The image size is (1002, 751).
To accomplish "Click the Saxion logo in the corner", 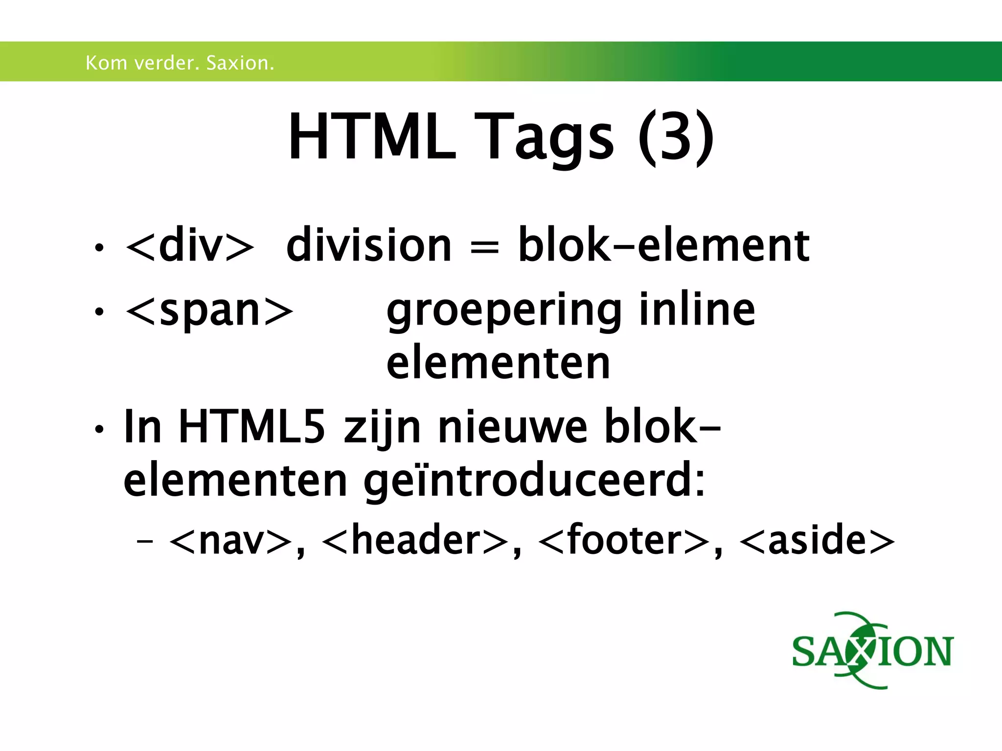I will click(872, 651).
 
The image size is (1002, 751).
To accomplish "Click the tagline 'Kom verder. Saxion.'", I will click(180, 63).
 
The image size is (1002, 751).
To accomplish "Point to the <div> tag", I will click(190, 246).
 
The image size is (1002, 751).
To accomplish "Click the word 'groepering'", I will click(504, 311).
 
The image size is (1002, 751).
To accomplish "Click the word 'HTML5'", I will click(251, 427).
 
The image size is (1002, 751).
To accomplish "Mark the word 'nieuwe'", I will click(512, 427).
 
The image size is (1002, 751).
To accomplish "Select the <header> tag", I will click(415, 540).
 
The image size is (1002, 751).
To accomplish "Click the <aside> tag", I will click(817, 540).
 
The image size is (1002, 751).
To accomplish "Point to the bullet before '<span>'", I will click(99, 311).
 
